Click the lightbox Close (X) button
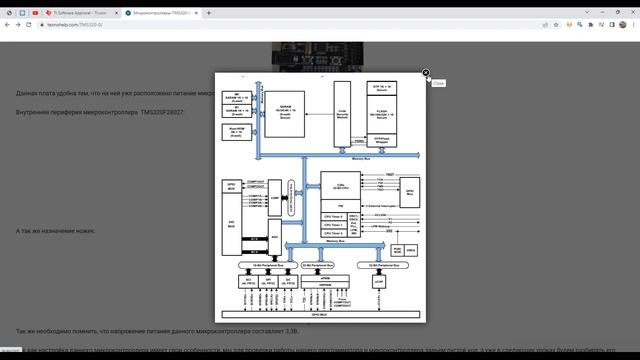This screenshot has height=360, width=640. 426,73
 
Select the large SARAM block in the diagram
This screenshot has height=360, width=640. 291,116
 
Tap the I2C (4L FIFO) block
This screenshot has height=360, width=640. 289,283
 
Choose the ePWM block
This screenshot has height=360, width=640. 322,281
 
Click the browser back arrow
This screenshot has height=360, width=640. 7,25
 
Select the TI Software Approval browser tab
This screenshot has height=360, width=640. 84,13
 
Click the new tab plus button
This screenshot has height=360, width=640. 209,13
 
